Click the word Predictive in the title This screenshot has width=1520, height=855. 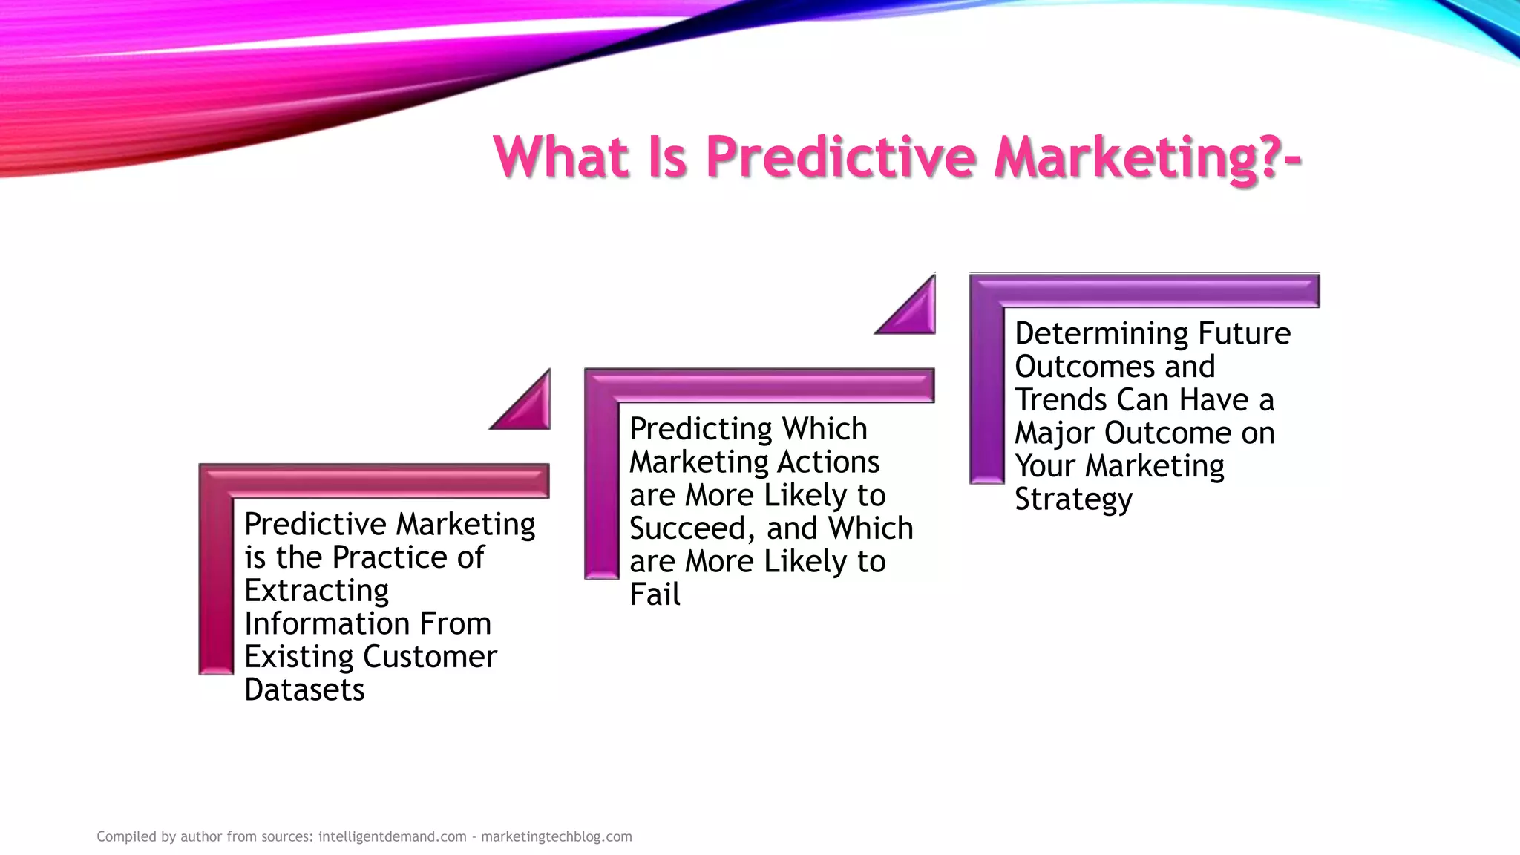coord(840,157)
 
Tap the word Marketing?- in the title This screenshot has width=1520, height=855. coord(1147,157)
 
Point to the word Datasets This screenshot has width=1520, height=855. coord(304,689)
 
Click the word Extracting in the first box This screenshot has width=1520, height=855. coord(316,591)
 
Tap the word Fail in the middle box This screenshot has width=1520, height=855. coord(655,594)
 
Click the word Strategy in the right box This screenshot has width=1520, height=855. coord(1073,499)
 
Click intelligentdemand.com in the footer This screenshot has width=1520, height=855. coord(392,836)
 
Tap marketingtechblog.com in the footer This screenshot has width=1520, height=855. coord(556,836)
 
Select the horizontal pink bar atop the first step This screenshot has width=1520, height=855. coord(386,480)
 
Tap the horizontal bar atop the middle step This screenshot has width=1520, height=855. coord(772,385)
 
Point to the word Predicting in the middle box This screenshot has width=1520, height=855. coord(701,429)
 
